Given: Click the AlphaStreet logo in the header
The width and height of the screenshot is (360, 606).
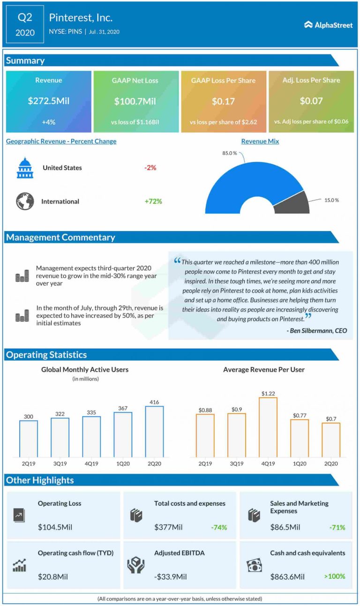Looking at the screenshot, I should click(328, 25).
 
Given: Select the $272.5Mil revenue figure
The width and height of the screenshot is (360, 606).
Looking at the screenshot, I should click(48, 101).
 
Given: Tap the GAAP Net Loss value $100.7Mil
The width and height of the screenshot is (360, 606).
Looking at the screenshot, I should click(135, 101).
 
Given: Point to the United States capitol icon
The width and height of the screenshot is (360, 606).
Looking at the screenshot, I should click(25, 168).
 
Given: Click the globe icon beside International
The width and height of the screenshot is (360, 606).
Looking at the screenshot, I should click(25, 202).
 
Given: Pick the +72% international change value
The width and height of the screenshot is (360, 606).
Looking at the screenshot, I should click(153, 202).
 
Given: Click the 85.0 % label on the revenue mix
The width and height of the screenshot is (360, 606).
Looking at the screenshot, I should click(230, 153).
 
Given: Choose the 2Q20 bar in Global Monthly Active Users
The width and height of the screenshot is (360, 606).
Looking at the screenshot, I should click(154, 431).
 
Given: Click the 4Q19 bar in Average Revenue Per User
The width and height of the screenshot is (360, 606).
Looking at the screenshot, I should click(268, 427).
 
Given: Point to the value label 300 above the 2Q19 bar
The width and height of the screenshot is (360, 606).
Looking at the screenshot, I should click(28, 416).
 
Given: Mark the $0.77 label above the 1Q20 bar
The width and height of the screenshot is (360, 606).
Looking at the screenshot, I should click(299, 415).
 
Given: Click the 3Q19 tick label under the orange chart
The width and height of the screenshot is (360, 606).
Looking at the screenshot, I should click(236, 464).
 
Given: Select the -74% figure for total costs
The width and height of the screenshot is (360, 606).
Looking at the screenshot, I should click(219, 527).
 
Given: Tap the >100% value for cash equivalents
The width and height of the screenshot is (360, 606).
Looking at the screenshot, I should click(334, 576).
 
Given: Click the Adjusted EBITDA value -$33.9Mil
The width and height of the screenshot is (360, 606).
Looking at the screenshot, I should click(171, 576).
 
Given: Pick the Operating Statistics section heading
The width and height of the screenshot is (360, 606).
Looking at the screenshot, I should click(46, 355).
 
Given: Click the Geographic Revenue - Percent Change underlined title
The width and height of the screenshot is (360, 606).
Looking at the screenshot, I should click(61, 141).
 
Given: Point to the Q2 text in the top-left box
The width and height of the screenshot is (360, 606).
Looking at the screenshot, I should click(25, 18).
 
